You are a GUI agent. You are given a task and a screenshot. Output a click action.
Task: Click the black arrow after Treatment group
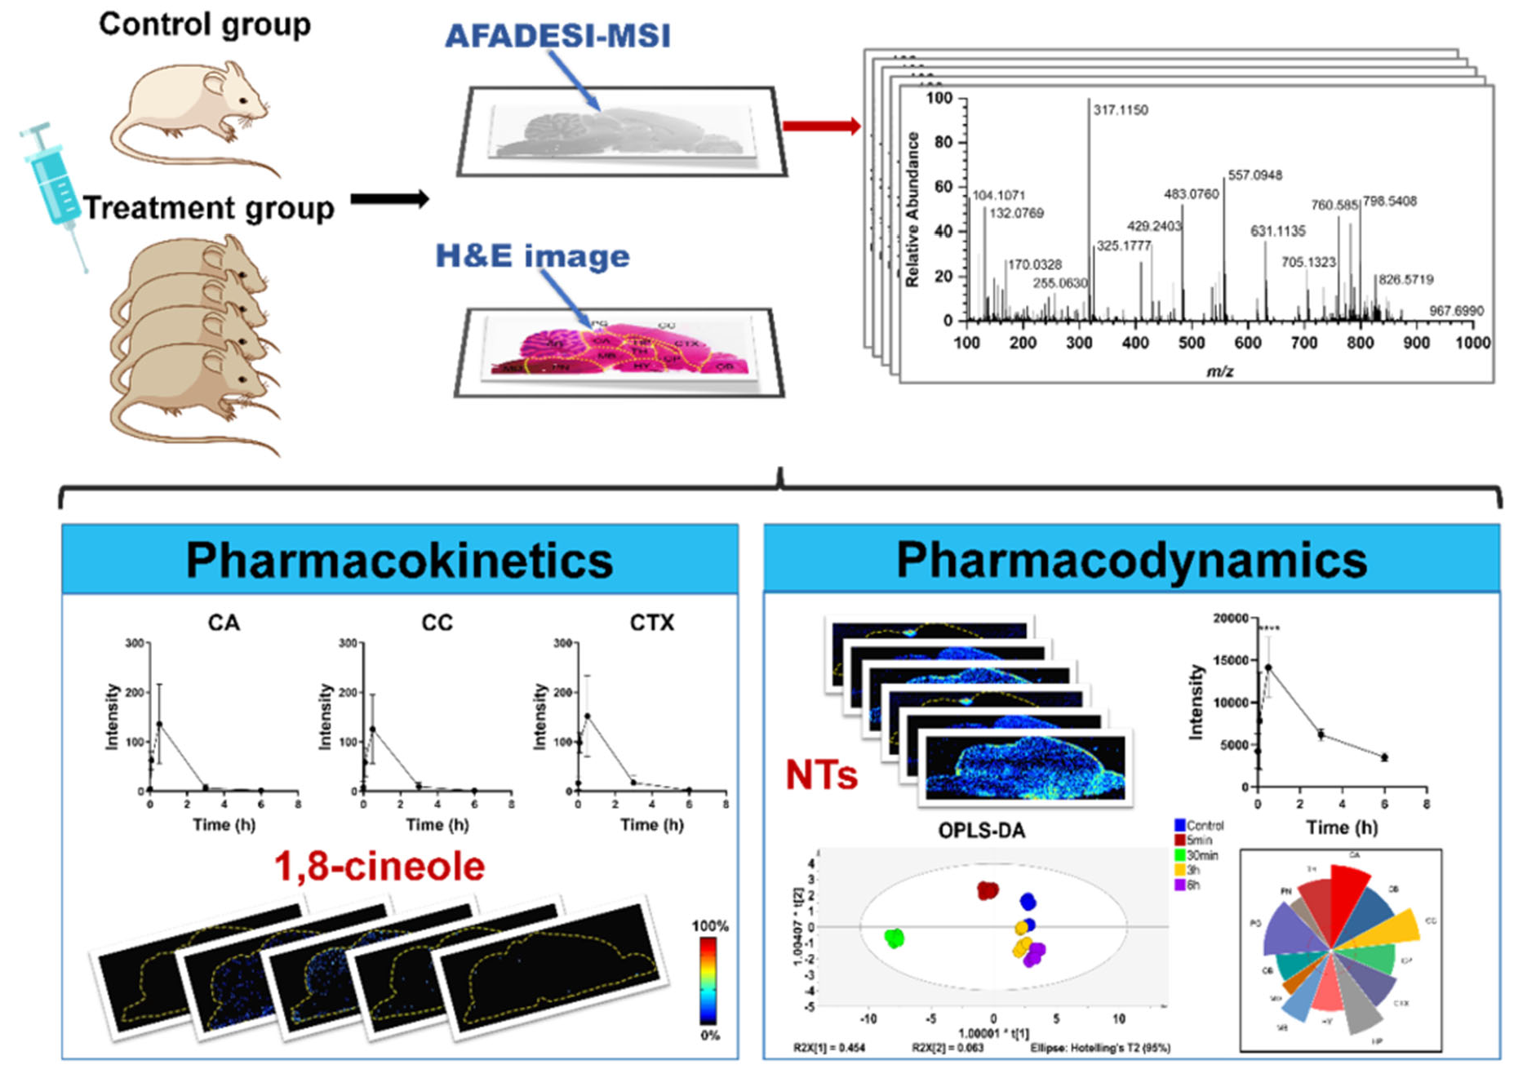tap(389, 199)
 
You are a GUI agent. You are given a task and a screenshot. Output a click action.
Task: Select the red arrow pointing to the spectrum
tap(821, 126)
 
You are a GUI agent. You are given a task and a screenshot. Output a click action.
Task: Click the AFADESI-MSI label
tap(557, 36)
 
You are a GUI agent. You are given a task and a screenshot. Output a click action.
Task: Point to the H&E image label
tap(532, 256)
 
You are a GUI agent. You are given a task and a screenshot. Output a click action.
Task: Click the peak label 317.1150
tap(1120, 110)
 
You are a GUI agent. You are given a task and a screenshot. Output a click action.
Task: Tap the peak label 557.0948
tap(1254, 175)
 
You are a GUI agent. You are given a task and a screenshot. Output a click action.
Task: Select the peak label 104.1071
tap(998, 195)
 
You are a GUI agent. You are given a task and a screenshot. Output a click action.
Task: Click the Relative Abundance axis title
tap(912, 210)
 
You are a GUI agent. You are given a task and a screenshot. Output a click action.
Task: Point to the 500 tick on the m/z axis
tap(1191, 343)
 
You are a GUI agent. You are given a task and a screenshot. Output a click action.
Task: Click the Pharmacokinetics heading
tap(399, 561)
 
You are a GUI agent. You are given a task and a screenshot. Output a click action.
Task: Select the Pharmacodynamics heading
tap(1131, 561)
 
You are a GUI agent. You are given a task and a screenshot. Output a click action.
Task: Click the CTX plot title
tap(651, 623)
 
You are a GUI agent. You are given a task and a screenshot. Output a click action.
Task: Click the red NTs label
tap(821, 774)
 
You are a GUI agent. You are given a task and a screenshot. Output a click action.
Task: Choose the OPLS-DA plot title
tap(981, 831)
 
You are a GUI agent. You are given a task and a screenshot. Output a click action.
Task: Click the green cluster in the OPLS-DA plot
tap(895, 938)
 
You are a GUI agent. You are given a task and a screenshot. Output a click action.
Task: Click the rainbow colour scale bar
tap(708, 980)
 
